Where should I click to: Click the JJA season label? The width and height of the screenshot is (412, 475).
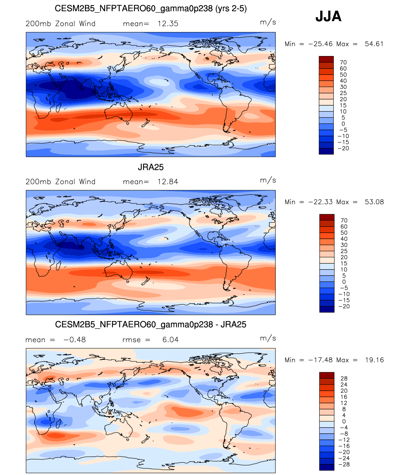coord(328,16)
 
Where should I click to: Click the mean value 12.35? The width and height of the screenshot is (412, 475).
coord(168,24)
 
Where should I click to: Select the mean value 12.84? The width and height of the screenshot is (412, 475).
coord(168,182)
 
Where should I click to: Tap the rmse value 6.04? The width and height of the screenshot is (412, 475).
coord(170,340)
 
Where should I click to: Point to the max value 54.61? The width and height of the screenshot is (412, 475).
coord(374,44)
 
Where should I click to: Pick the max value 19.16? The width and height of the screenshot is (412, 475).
coord(374,360)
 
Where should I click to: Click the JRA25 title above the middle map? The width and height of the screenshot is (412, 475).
coord(151,167)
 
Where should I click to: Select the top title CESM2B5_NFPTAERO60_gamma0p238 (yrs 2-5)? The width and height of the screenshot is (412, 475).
coord(151,9)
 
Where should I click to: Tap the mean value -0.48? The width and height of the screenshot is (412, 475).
coord(75,340)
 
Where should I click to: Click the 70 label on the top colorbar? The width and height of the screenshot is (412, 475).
coord(343,62)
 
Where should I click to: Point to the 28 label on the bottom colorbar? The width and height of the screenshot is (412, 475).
coord(344,378)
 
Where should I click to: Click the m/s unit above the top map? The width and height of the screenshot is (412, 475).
coord(268,22)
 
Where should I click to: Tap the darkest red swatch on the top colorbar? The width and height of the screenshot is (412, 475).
coord(326,59)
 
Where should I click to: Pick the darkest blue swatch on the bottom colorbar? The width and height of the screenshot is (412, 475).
coord(327,467)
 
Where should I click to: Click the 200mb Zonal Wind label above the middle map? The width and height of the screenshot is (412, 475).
coord(61,182)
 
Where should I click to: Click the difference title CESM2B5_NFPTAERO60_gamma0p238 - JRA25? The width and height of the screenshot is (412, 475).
coord(151,325)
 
